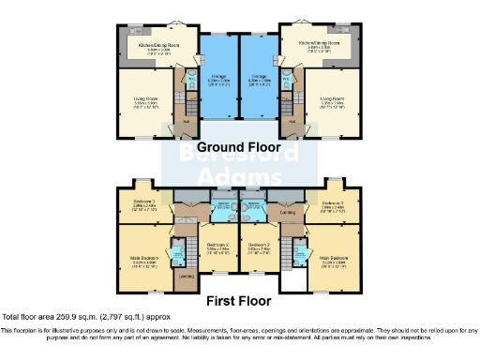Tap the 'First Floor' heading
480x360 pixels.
[x=240, y=301]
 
